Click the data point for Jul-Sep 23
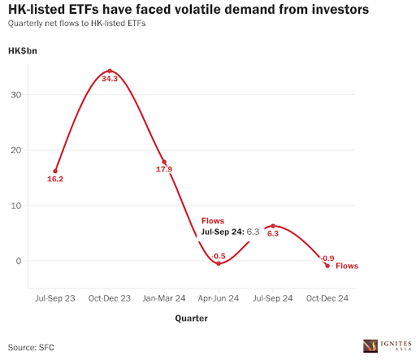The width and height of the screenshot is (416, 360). pos(55,171)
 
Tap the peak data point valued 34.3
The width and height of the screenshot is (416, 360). pos(110,71)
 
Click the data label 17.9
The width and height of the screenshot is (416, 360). pos(164,170)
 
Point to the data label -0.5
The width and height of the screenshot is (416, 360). pos(219,257)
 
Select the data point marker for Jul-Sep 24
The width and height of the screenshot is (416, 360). pos(273,226)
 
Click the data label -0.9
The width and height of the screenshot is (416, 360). pos(327,258)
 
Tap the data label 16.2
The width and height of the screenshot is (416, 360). pos(55,180)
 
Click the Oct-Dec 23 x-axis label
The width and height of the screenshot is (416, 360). pos(110,299)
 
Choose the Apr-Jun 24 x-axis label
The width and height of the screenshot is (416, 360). pos(219,299)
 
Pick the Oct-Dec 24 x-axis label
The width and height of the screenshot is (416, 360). pos(327,299)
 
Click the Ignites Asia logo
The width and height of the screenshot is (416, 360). pos(386,345)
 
